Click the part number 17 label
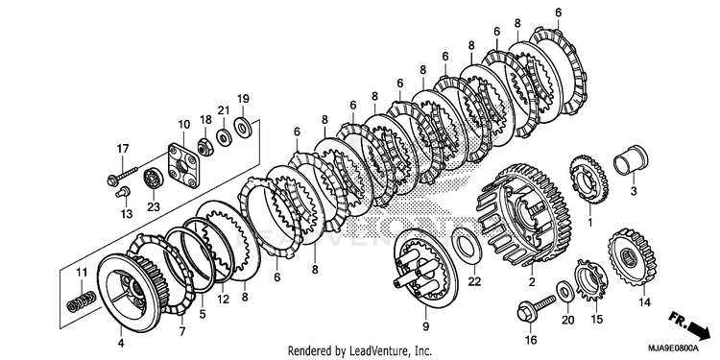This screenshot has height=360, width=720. (123, 149)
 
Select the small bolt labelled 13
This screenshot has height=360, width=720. (122, 192)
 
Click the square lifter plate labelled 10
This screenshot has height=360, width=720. (183, 166)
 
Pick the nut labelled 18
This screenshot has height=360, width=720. (205, 146)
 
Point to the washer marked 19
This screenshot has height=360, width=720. (242, 127)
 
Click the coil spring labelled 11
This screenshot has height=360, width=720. (82, 300)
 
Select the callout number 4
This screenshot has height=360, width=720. (121, 344)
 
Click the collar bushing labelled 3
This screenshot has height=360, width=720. (632, 160)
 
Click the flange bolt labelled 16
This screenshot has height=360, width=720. (536, 309)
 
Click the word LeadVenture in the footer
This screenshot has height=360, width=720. (375, 351)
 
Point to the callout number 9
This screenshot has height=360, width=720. (425, 326)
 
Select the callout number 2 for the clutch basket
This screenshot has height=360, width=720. (532, 283)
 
